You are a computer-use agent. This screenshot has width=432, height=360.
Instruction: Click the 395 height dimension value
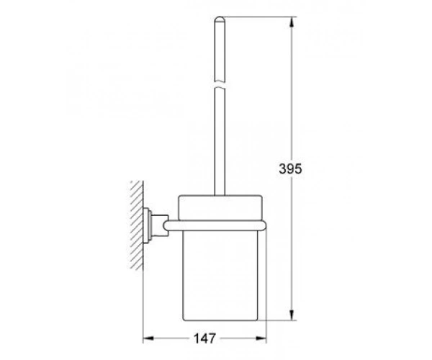[x=290, y=168]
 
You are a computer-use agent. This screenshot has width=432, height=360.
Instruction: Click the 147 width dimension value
[x=204, y=338]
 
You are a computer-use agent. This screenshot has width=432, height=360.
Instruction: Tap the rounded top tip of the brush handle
[x=220, y=18]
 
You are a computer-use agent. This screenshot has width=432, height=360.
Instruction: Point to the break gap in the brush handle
[x=220, y=84]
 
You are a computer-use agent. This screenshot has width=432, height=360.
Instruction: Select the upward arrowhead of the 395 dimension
[x=292, y=22]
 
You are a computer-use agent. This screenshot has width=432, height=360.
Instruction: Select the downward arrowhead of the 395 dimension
[x=292, y=315]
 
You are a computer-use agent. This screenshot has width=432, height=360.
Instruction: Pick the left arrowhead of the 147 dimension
[x=148, y=338]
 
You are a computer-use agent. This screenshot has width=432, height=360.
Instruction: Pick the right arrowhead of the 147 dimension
[x=261, y=338]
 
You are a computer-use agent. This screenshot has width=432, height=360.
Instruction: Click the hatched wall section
[x=137, y=225]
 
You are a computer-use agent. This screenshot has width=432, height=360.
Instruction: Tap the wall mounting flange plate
[x=147, y=225]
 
